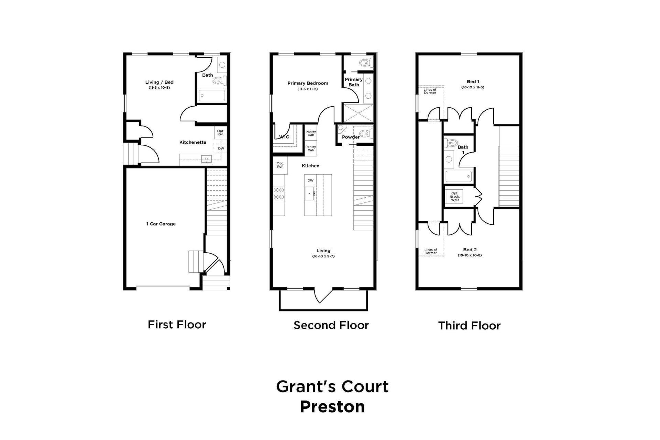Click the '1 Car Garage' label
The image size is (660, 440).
(x=161, y=224)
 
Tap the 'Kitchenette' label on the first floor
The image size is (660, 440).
(x=192, y=142)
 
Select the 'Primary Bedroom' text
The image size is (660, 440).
(x=308, y=83)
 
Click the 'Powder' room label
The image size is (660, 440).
(x=351, y=137)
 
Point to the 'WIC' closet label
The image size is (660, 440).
(x=284, y=137)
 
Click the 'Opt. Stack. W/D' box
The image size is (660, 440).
(x=454, y=197)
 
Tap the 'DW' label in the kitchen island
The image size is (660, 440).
(x=310, y=180)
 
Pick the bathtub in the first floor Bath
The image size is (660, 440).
(x=212, y=95)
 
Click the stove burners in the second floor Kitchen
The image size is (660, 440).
(x=279, y=193)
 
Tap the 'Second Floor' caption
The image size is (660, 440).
(x=331, y=325)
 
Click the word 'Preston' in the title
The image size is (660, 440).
(x=332, y=407)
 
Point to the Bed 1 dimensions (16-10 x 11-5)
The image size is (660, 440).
(x=473, y=87)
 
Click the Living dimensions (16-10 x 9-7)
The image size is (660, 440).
(x=323, y=256)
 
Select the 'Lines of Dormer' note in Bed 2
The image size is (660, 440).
(x=430, y=251)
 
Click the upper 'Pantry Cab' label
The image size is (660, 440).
(x=311, y=133)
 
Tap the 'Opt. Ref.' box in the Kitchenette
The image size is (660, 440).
(x=220, y=133)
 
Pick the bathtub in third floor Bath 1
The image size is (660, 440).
(x=459, y=177)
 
